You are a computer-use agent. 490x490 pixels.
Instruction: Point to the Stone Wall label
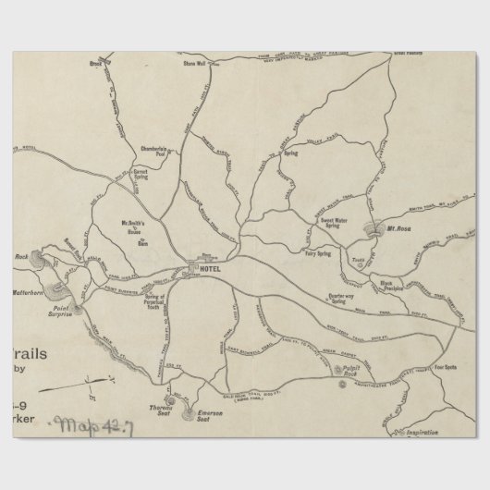(x=193, y=65)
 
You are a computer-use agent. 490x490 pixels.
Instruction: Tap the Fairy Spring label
(x=317, y=252)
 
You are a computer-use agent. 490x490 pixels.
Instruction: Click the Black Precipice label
(x=393, y=285)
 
